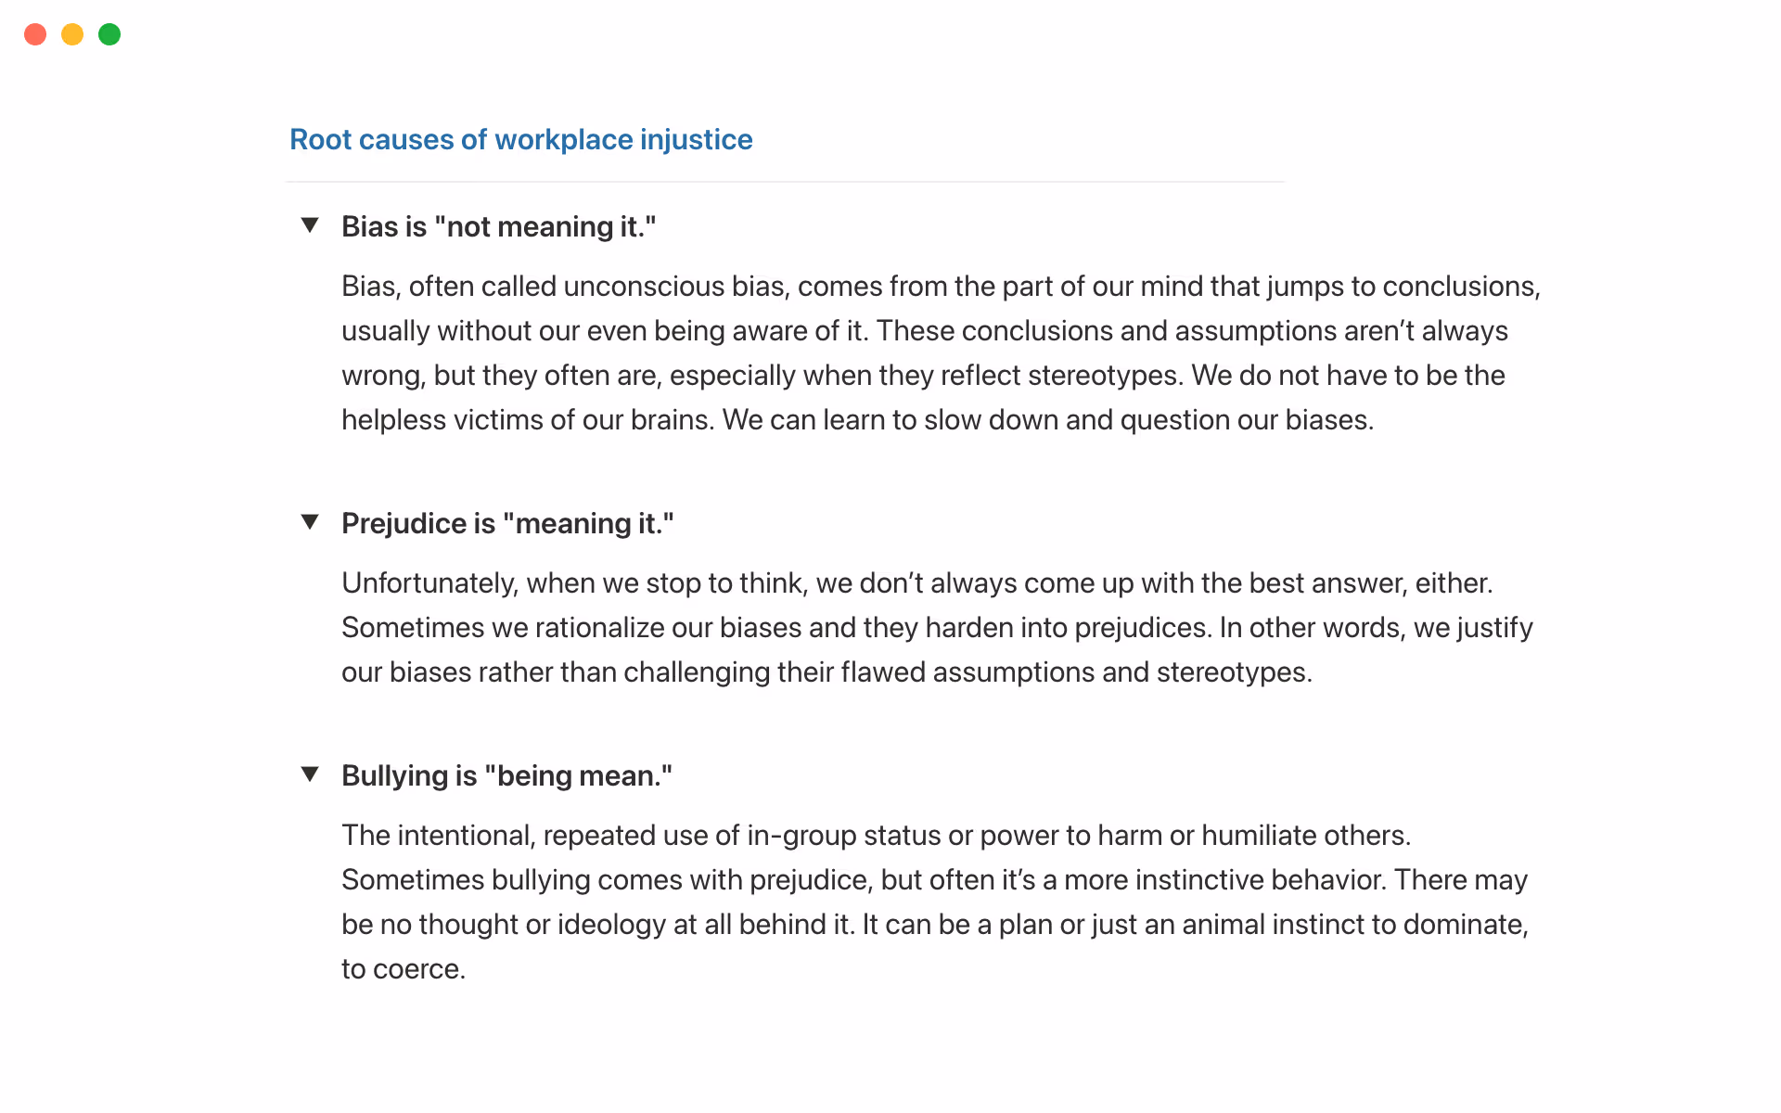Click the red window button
[x=35, y=34]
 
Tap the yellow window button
[x=72, y=34]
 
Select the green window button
[x=109, y=34]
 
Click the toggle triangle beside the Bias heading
[x=310, y=225]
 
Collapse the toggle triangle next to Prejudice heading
[x=310, y=522]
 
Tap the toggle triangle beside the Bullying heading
[x=310, y=774]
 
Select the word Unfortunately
[x=429, y=582]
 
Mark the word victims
[x=498, y=419]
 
